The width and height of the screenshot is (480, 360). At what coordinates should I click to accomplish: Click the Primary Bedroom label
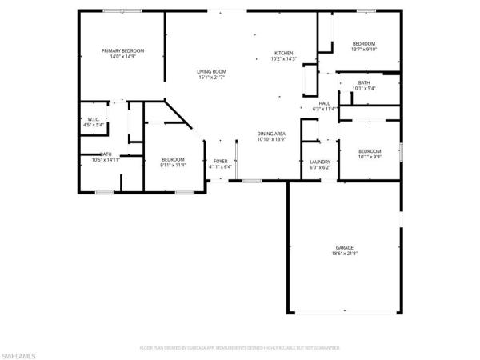pyautogui.click(x=122, y=51)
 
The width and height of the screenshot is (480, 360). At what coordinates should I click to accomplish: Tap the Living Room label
pyautogui.click(x=212, y=72)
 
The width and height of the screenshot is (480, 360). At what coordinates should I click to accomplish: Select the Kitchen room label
pyautogui.click(x=284, y=52)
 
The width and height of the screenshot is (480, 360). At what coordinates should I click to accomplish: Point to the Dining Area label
pyautogui.click(x=271, y=133)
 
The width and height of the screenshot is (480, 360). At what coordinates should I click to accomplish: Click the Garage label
pyautogui.click(x=344, y=248)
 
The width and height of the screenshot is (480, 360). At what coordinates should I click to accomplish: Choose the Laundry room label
pyautogui.click(x=319, y=162)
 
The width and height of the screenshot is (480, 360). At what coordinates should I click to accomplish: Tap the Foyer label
pyautogui.click(x=220, y=162)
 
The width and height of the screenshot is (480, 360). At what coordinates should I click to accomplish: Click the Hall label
pyautogui.click(x=324, y=103)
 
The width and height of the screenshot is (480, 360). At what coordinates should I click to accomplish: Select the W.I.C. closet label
pyautogui.click(x=94, y=119)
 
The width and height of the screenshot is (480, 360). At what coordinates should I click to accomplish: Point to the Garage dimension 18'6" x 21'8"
pyautogui.click(x=344, y=254)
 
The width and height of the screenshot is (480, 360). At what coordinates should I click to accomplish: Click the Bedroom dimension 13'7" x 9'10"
pyautogui.click(x=364, y=49)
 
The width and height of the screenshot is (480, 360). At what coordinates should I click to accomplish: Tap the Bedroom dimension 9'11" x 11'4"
pyautogui.click(x=173, y=166)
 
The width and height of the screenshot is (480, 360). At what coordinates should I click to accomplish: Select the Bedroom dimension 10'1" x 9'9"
pyautogui.click(x=370, y=157)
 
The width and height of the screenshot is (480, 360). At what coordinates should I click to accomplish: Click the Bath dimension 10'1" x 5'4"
pyautogui.click(x=364, y=88)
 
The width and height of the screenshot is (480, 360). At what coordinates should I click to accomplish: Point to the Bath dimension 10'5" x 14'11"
pyautogui.click(x=106, y=160)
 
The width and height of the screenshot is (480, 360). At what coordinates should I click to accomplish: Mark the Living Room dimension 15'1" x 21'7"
pyautogui.click(x=212, y=78)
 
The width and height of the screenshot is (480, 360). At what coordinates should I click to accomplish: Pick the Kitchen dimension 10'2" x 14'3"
pyautogui.click(x=284, y=58)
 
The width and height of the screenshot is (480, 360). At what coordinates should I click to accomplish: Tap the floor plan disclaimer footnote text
pyautogui.click(x=240, y=348)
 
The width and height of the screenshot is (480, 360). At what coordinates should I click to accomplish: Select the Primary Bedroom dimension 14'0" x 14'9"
pyautogui.click(x=122, y=57)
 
